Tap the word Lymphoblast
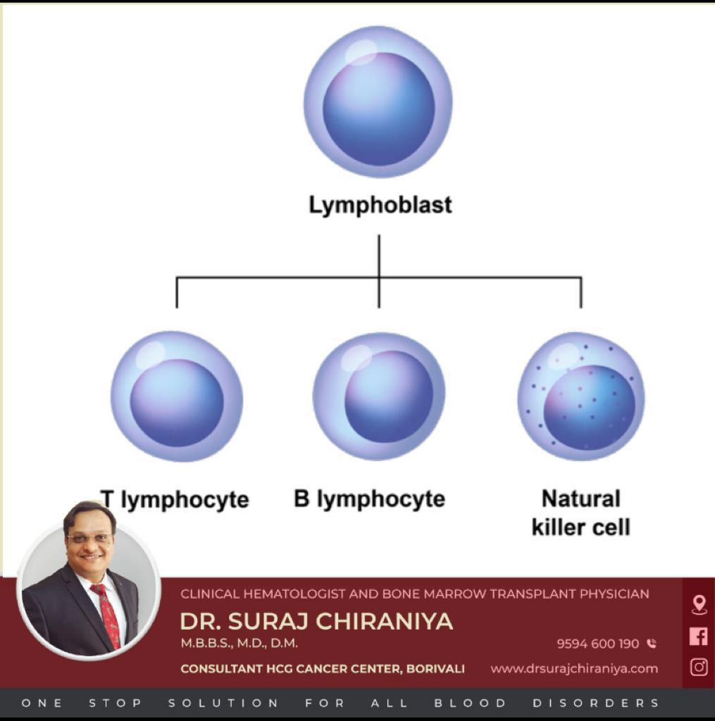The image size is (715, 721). click(380, 205)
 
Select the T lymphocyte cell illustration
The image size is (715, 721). click(177, 396)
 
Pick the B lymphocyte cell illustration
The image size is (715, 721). click(379, 396)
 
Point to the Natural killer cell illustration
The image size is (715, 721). click(581, 396)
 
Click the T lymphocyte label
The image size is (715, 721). click(175, 500)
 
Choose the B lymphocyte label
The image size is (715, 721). click(369, 499)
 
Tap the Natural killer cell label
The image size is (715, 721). click(580, 513)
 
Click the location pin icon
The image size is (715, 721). click(699, 604)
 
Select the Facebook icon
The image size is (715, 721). click(699, 636)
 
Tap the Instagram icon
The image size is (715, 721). click(699, 667)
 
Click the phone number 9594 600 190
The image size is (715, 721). click(597, 644)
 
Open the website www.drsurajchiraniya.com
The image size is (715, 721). click(574, 669)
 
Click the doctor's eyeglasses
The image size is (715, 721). click(89, 539)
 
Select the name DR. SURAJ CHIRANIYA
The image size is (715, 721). click(316, 621)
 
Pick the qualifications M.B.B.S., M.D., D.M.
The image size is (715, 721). click(239, 643)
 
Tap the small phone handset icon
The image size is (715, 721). click(651, 644)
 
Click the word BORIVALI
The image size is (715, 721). click(435, 669)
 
